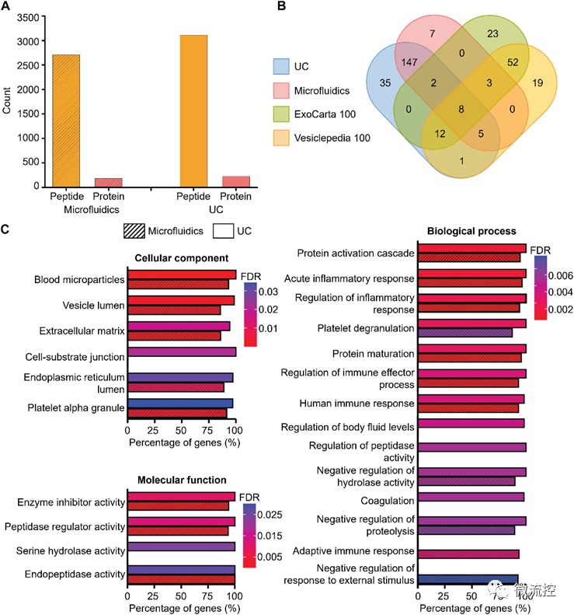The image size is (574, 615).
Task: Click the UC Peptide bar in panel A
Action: click(x=193, y=110)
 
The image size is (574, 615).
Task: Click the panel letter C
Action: click(x=6, y=230)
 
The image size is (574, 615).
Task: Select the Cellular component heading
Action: click(x=181, y=258)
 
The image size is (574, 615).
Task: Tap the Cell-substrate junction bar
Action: click(x=181, y=351)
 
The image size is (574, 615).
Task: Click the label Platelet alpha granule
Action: click(x=76, y=407)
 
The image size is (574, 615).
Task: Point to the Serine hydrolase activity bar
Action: click(x=181, y=547)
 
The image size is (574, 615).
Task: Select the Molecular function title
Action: click(x=182, y=480)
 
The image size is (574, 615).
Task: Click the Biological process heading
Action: click(x=472, y=231)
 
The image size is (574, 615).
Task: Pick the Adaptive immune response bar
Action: click(x=468, y=554)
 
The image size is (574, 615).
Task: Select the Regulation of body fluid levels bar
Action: click(x=471, y=424)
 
